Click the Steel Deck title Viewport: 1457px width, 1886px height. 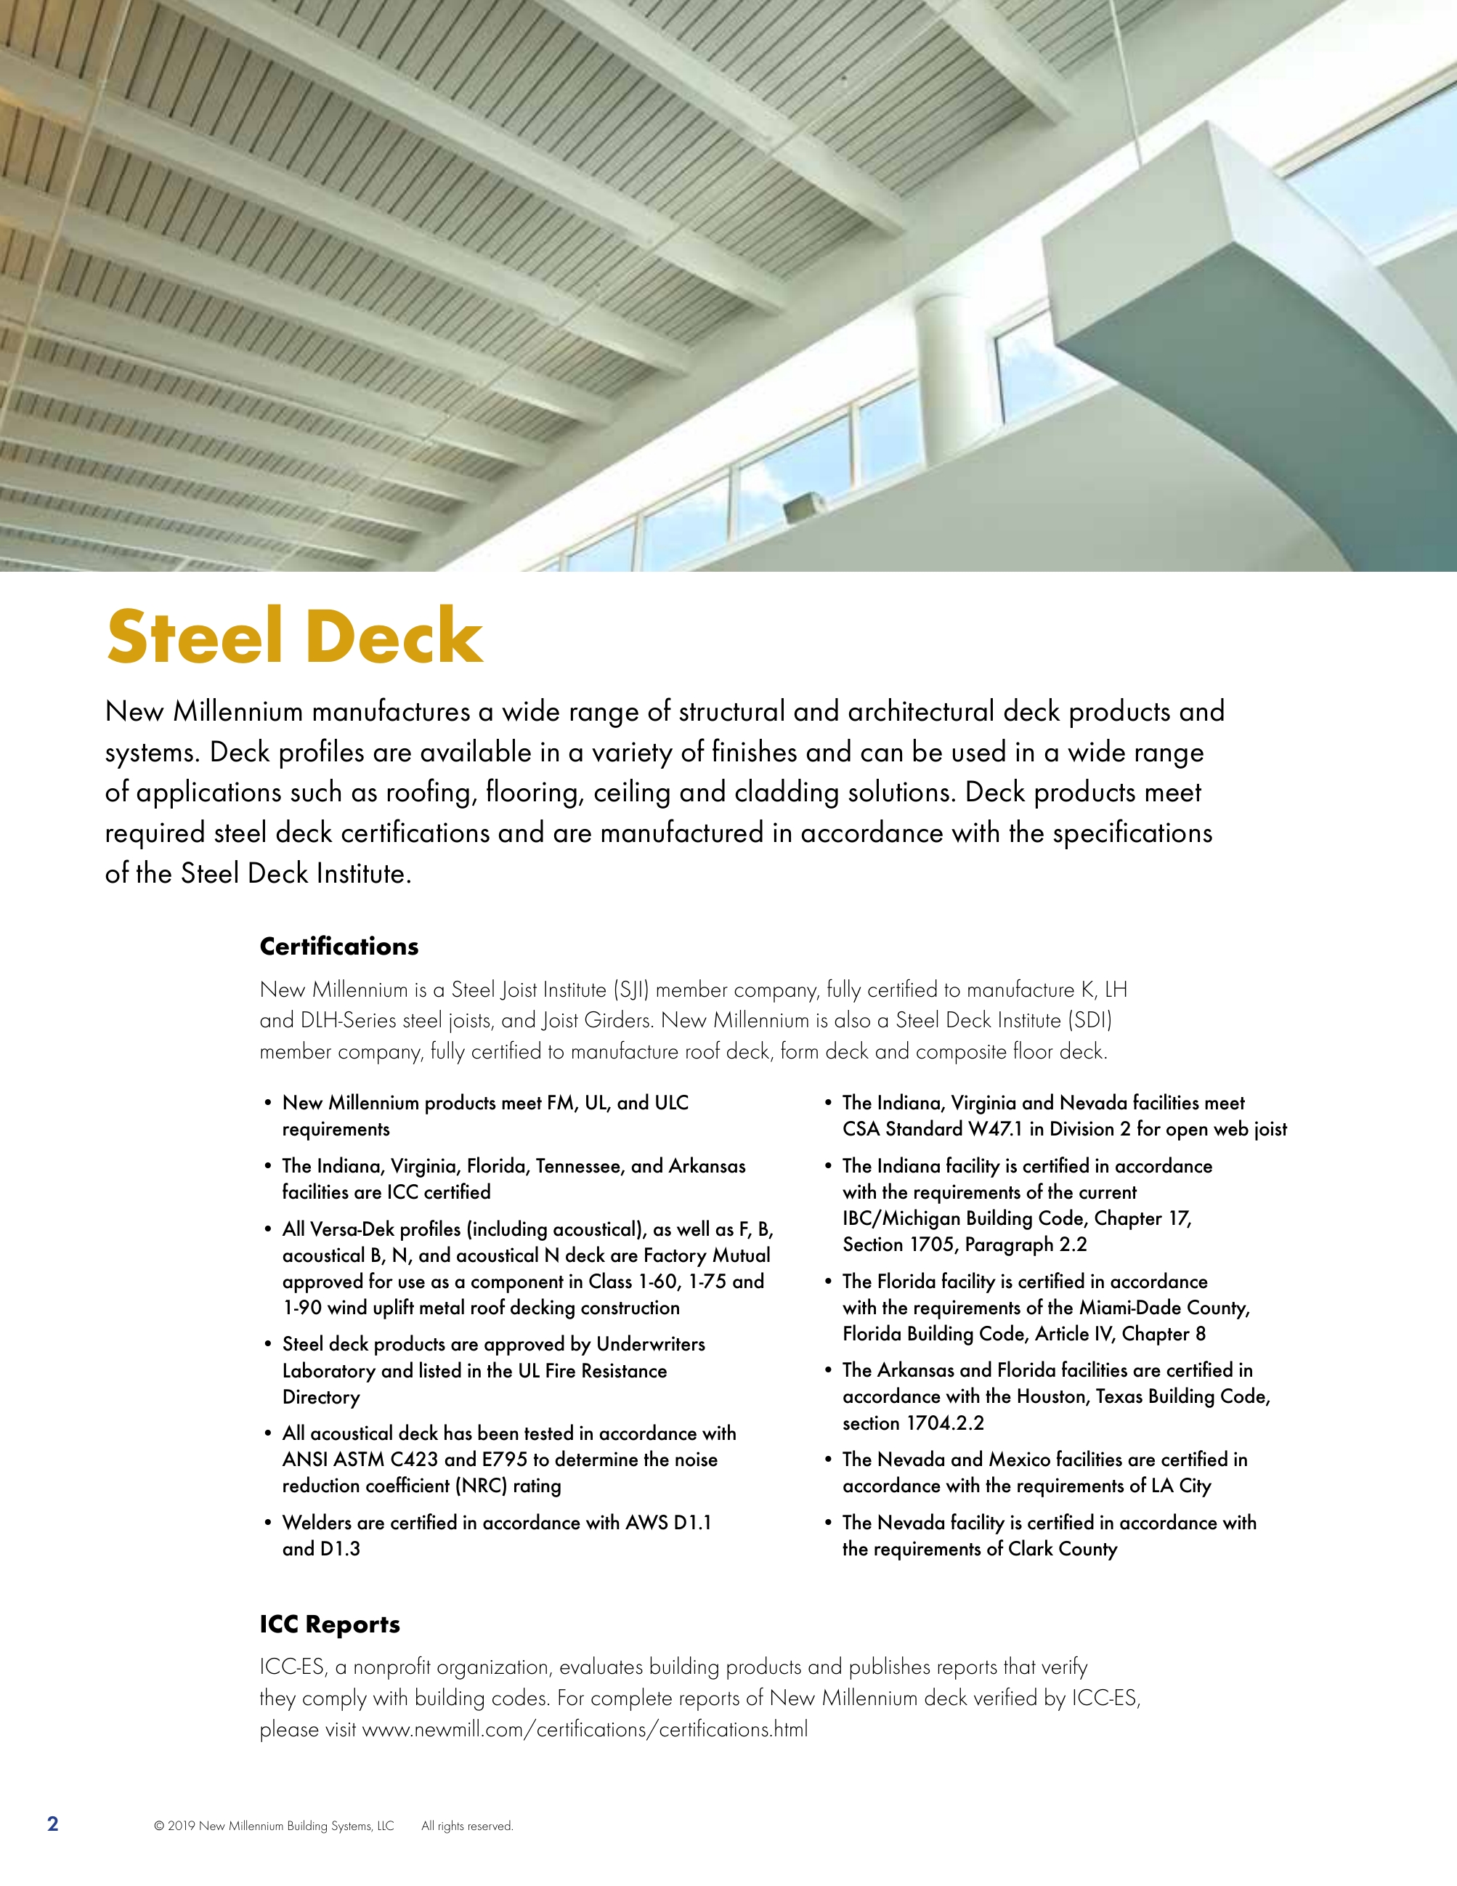pos(294,636)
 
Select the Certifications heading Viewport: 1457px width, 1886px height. pos(339,947)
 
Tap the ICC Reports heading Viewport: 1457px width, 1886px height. pos(330,1624)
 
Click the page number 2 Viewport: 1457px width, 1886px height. pos(52,1824)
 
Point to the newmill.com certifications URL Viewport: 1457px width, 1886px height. pos(585,1730)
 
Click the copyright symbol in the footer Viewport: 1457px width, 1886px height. pos(159,1826)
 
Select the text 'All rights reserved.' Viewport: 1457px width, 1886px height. pos(467,1826)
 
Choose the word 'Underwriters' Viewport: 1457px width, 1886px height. pos(651,1345)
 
